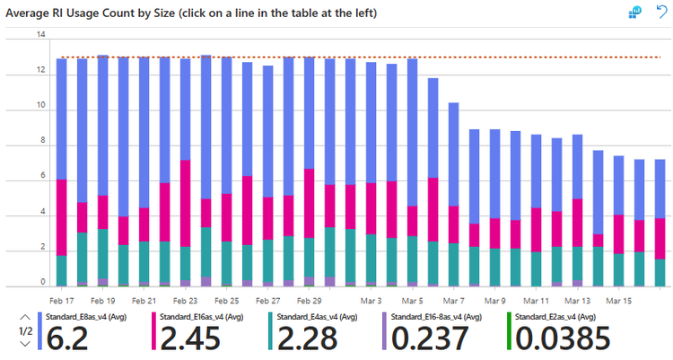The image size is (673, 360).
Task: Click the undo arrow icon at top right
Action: click(x=661, y=12)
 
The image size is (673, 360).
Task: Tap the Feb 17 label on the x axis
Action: click(x=62, y=301)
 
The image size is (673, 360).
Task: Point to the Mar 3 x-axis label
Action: click(x=371, y=301)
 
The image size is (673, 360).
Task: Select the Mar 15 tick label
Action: click(x=619, y=301)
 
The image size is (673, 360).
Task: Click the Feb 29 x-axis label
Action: click(x=310, y=301)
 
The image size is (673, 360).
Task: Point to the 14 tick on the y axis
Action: click(x=39, y=35)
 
